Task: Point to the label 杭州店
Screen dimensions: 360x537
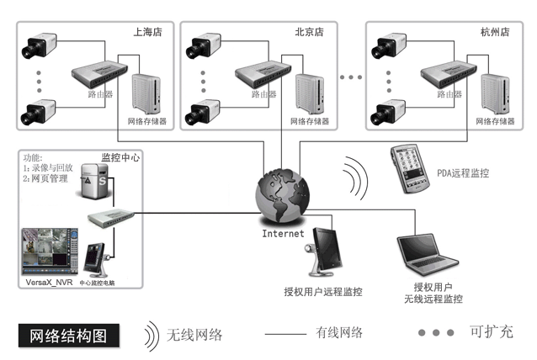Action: click(491, 31)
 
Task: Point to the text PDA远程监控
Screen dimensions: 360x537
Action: click(462, 174)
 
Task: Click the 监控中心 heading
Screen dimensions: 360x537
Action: click(120, 157)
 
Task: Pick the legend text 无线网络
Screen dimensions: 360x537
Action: click(194, 334)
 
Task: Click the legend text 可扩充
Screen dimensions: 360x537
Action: click(492, 332)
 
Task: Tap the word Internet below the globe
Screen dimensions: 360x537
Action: click(283, 233)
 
